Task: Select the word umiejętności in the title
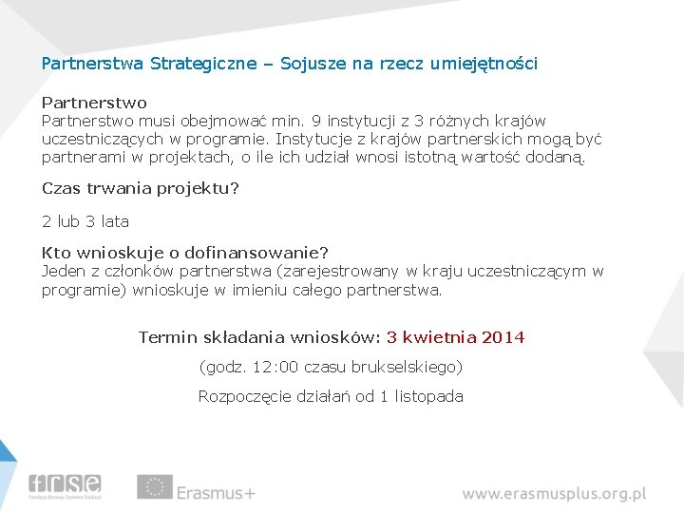(x=484, y=64)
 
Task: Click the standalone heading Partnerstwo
(x=94, y=102)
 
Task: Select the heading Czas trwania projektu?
(x=140, y=188)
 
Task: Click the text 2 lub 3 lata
(x=85, y=221)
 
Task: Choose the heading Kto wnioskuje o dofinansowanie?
(x=184, y=253)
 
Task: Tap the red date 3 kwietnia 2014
(x=455, y=337)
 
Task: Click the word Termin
(x=167, y=337)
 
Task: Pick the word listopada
(x=428, y=396)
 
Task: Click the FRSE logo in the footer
(x=65, y=485)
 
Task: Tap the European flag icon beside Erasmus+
(x=154, y=486)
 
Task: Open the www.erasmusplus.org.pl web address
(x=554, y=494)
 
